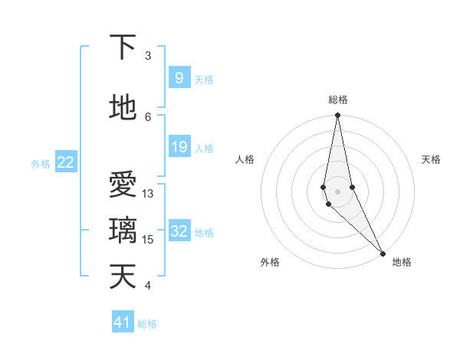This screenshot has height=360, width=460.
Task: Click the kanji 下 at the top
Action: click(123, 47)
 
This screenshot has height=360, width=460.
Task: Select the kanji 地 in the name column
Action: click(123, 108)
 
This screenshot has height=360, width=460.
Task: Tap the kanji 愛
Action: click(123, 185)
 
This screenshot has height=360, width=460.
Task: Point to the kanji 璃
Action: click(123, 231)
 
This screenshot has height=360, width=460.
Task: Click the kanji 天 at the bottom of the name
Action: click(123, 277)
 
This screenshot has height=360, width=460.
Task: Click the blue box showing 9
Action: click(179, 78)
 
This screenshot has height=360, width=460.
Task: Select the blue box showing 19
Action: click(179, 147)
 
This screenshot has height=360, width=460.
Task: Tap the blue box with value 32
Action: click(179, 231)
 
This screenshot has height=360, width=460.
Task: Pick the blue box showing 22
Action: click(66, 162)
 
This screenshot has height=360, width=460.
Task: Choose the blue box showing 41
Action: click(123, 322)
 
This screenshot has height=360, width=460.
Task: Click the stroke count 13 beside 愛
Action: click(148, 194)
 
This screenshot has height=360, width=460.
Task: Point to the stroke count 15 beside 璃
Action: click(148, 240)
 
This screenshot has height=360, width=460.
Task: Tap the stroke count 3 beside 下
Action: click(148, 56)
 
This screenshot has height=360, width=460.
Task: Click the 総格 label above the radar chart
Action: click(338, 100)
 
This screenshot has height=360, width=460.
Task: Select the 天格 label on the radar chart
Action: click(432, 159)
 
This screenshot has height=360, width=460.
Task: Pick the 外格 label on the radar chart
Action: click(270, 263)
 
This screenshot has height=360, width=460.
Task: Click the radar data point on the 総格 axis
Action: click(337, 116)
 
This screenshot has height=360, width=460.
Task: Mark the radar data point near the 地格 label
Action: click(382, 252)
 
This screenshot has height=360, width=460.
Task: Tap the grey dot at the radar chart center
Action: click(337, 191)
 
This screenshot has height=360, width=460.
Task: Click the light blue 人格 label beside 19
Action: click(204, 148)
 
